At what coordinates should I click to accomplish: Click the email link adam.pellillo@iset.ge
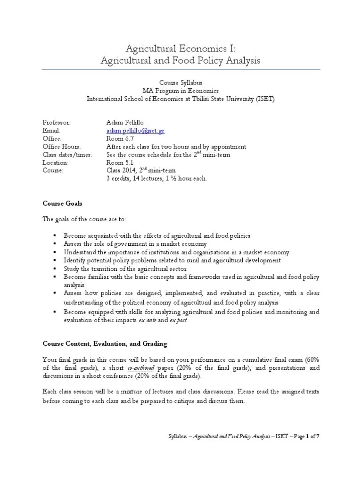click(x=135, y=130)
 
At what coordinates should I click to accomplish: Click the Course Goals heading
click(x=62, y=203)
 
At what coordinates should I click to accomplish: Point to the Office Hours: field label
click(x=62, y=147)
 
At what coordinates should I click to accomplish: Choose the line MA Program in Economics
click(x=181, y=91)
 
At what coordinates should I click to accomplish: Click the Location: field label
click(x=56, y=163)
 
